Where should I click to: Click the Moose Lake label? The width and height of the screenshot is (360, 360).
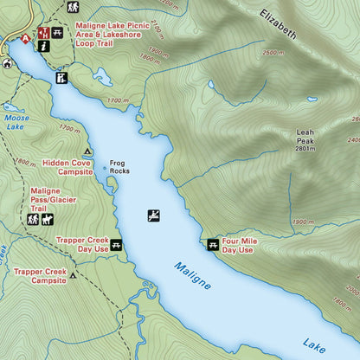pos(16,122)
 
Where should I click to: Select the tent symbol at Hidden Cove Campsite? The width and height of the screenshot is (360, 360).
pos(87,152)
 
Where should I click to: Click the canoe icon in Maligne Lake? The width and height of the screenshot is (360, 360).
pos(154,215)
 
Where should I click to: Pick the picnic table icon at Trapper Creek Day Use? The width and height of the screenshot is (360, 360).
pos(116,245)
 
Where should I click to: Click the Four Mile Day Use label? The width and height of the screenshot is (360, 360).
pos(237,246)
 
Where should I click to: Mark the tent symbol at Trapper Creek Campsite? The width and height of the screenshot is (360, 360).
pos(74,276)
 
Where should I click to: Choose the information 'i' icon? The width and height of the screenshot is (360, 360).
pos(43,48)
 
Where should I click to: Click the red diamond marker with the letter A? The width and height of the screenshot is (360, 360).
pos(25,39)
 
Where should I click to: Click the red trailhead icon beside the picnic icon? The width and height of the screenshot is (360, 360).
pos(43,33)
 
